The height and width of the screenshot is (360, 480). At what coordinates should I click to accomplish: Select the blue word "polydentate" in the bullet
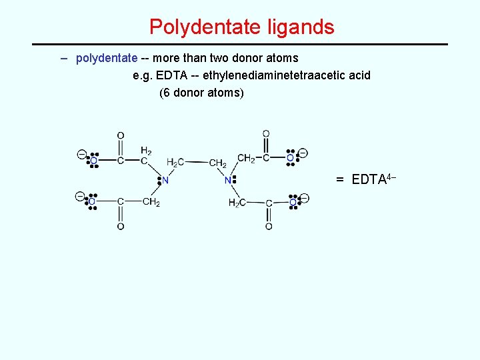107,58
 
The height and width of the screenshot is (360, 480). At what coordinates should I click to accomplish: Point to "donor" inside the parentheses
189,93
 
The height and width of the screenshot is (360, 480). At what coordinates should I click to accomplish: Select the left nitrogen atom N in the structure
165,180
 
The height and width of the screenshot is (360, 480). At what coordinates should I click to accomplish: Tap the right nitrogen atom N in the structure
228,180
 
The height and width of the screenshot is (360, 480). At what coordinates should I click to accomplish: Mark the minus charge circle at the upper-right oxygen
303,153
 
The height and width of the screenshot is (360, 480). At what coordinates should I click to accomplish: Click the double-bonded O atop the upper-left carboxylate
121,136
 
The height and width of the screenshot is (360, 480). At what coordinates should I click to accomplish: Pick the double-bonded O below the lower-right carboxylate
269,227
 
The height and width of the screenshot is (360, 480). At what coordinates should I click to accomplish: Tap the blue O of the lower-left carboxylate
92,201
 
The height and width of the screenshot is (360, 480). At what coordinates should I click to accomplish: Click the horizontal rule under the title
240,44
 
